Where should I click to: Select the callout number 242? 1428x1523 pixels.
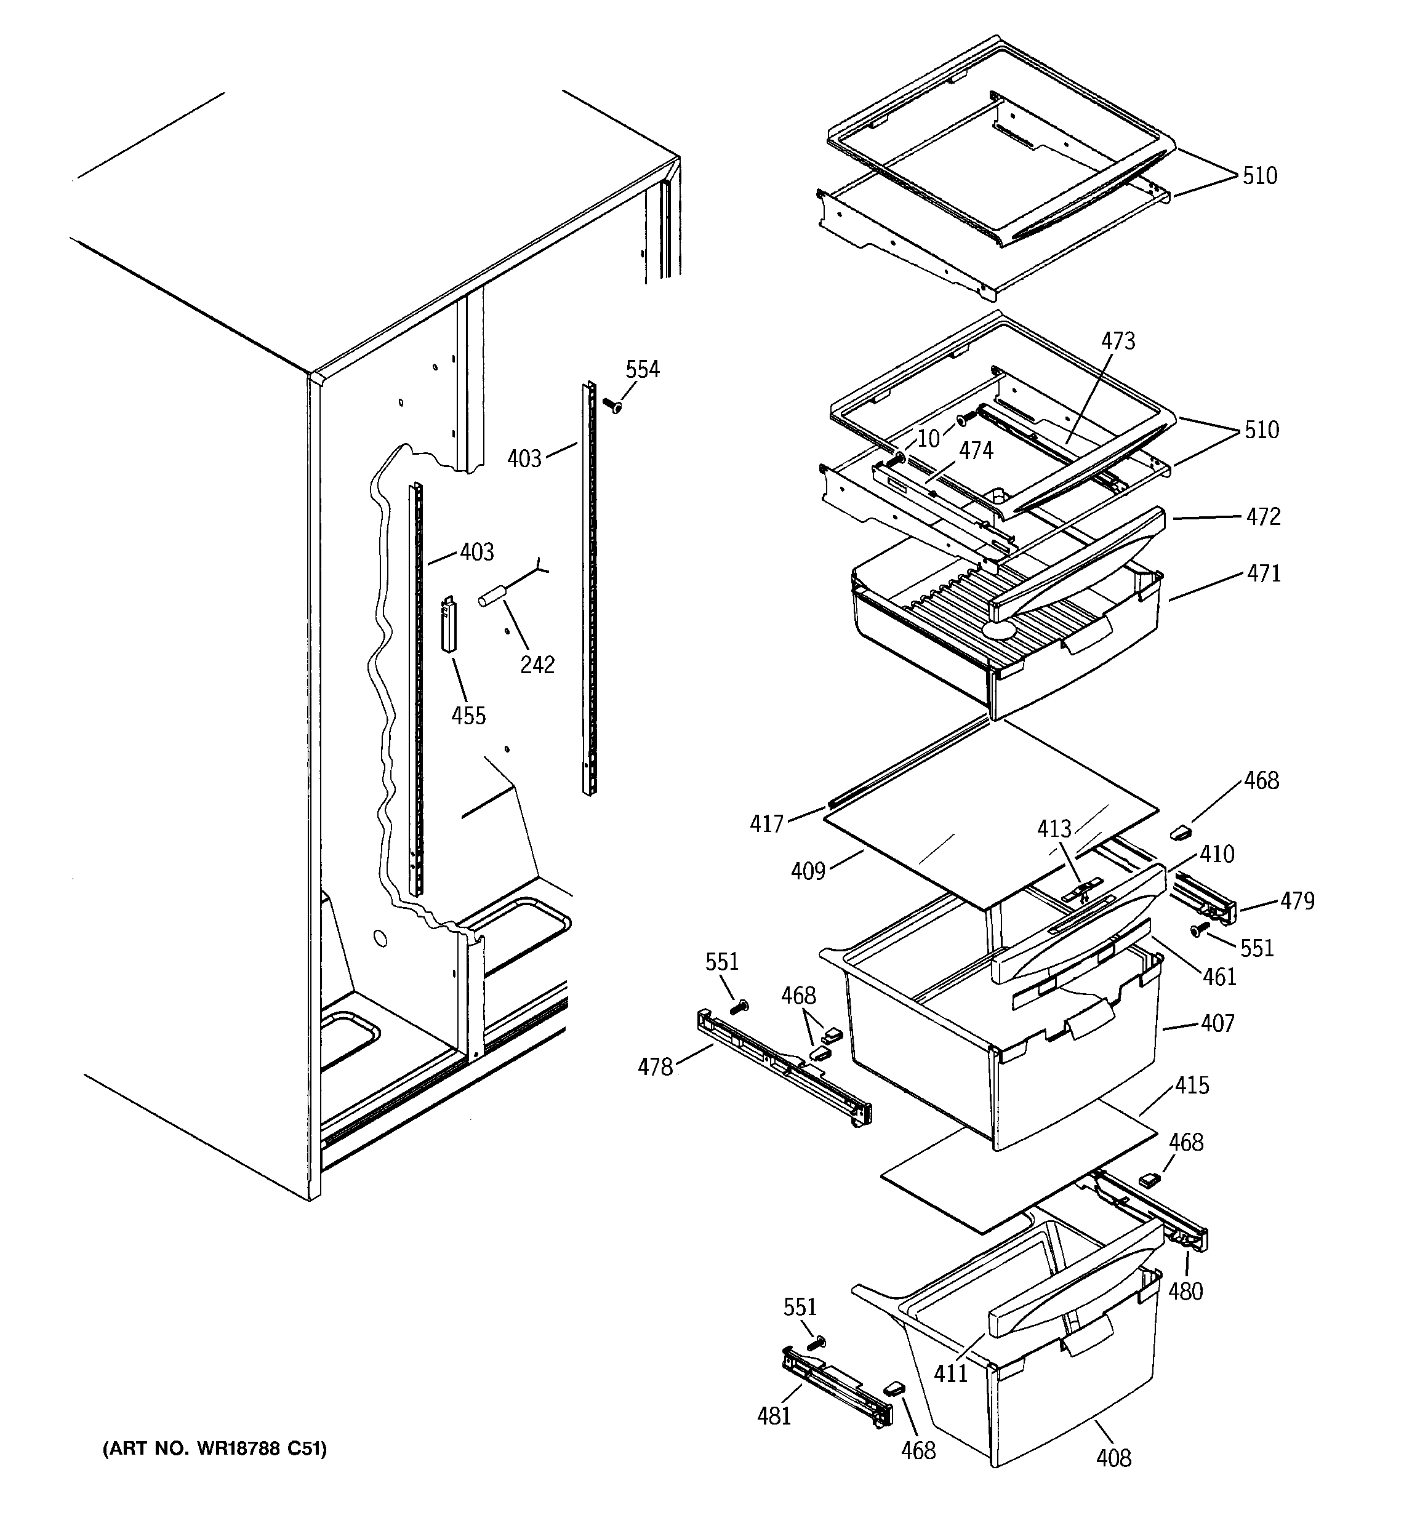click(x=537, y=664)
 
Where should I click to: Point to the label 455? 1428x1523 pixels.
click(x=468, y=716)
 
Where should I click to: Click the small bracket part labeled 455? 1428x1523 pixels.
click(x=449, y=625)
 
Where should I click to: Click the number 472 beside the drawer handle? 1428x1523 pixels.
click(x=1262, y=516)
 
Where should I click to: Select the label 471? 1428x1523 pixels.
click(x=1262, y=573)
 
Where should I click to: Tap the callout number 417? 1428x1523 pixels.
click(x=766, y=823)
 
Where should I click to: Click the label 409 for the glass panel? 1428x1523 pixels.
click(x=808, y=871)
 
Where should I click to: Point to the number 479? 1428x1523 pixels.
click(x=1297, y=901)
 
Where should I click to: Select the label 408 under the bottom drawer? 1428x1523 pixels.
click(x=1113, y=1458)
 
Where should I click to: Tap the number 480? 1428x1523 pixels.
click(x=1185, y=1291)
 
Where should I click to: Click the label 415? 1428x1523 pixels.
click(x=1192, y=1085)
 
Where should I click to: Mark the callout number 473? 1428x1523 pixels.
click(x=1118, y=341)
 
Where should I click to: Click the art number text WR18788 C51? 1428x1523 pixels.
click(x=215, y=1449)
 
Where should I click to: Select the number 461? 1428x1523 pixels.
click(x=1219, y=977)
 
